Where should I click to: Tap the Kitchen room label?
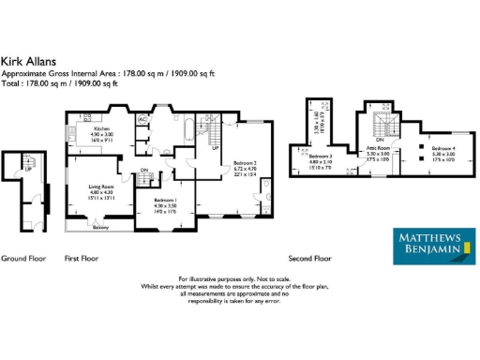(x=101, y=128)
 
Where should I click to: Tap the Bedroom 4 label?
(x=443, y=149)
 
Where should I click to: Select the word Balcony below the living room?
(x=100, y=228)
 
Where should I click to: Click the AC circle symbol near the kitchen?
(x=143, y=121)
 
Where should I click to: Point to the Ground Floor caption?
(x=20, y=257)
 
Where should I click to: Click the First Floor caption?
(x=81, y=257)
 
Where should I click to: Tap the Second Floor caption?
(x=309, y=257)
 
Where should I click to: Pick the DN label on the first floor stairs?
(x=144, y=170)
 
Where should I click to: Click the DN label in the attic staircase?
(x=379, y=140)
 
